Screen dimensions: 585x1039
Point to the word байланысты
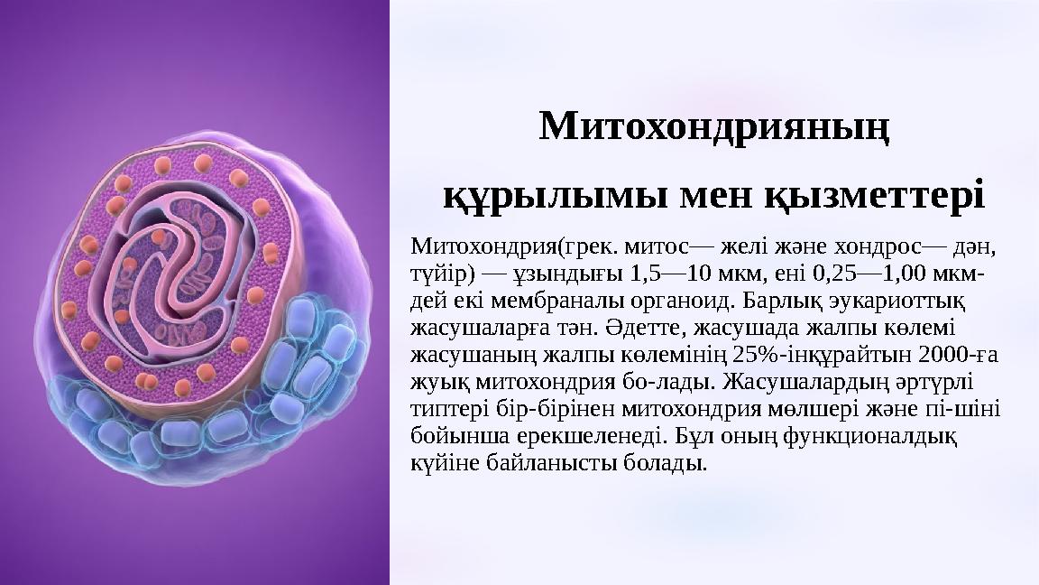(545, 464)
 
